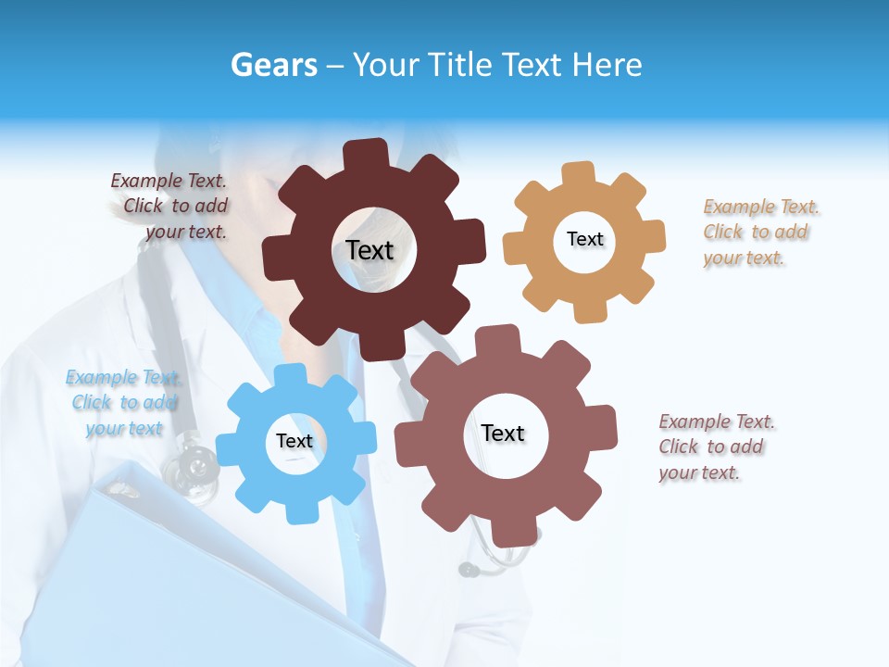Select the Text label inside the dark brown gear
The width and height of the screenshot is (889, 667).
coord(369,250)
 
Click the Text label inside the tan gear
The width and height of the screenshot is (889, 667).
coord(584,239)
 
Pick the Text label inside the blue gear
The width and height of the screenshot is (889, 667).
coord(294,441)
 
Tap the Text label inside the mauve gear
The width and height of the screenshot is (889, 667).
coord(503,433)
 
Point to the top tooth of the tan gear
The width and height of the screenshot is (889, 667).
coord(579,173)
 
